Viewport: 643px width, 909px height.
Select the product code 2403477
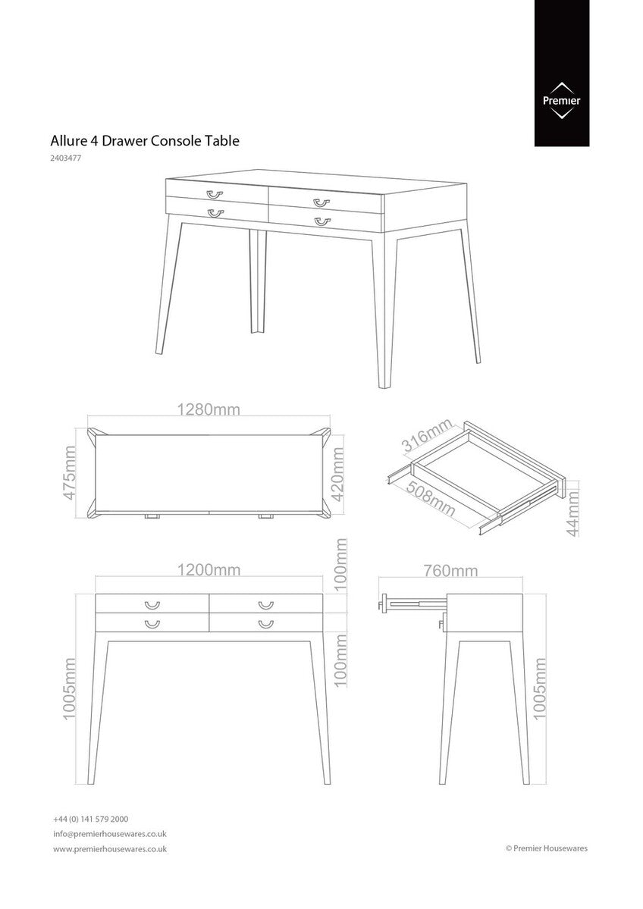[x=67, y=158]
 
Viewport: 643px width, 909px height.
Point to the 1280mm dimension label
[x=209, y=409]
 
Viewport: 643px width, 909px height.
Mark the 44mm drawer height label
[x=573, y=512]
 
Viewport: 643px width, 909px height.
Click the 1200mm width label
[x=209, y=570]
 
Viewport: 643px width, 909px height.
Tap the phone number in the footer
[x=90, y=820]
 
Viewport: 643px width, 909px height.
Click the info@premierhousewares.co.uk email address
[x=109, y=834]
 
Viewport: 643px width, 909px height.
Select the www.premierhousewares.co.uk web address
[x=110, y=849]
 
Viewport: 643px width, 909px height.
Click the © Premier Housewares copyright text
[x=546, y=849]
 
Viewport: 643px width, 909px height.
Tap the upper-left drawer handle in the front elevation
[x=152, y=605]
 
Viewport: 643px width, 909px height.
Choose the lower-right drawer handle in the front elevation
[x=265, y=624]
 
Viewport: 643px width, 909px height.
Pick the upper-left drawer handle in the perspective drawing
[x=215, y=194]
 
